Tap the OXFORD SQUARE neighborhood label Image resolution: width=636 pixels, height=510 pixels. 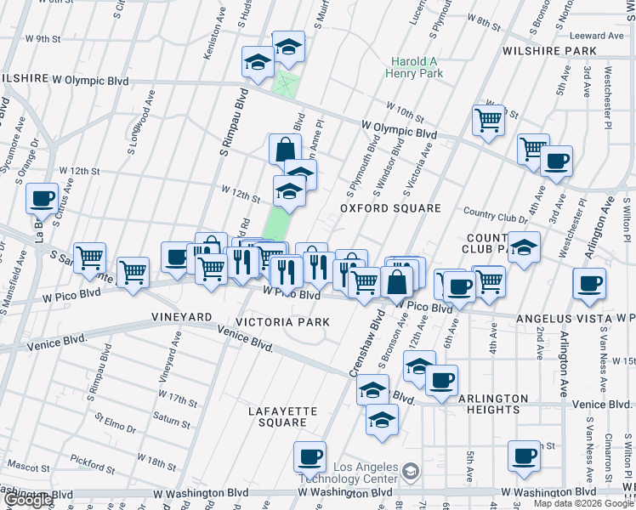click(x=390, y=208)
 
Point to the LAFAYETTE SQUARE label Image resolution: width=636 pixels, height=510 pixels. click(x=282, y=416)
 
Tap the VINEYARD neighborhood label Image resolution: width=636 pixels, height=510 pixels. click(x=181, y=317)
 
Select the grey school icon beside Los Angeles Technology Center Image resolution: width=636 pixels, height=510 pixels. click(x=411, y=470)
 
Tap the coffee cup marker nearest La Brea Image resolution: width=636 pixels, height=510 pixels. click(x=43, y=200)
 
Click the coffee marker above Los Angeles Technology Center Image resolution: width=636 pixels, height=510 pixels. click(x=309, y=457)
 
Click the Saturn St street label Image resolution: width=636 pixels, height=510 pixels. click(x=172, y=416)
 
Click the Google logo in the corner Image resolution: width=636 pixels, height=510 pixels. click(x=28, y=501)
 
